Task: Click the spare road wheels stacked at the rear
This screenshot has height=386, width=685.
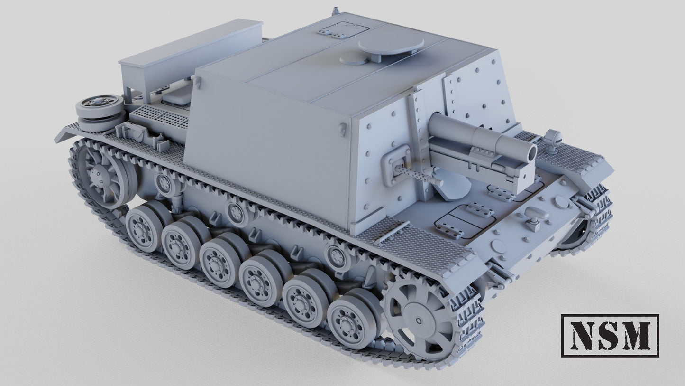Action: click(x=99, y=112)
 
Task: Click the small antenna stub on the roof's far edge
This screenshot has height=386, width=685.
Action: click(x=336, y=9)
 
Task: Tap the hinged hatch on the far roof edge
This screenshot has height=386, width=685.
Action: click(x=344, y=29)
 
